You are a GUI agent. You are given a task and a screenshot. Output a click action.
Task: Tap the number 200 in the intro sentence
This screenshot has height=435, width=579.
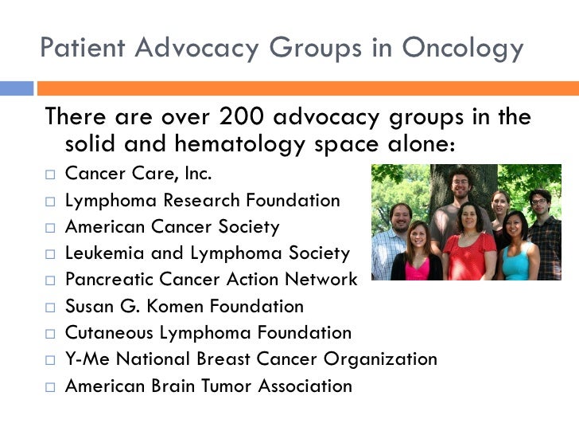[x=240, y=117]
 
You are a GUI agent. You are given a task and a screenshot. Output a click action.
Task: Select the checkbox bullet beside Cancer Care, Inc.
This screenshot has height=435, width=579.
[x=51, y=174]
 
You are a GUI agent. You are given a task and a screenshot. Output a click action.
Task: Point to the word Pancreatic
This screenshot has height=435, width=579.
[x=105, y=280]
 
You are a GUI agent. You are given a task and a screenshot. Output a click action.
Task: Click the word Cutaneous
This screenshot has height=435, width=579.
[x=106, y=332]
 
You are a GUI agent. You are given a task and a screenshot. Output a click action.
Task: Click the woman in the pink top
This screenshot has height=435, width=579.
[x=417, y=255]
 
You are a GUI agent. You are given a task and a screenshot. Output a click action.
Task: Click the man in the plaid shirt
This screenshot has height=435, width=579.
[x=545, y=239]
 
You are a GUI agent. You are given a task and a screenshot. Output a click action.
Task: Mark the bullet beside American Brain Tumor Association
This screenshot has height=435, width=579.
[x=51, y=386]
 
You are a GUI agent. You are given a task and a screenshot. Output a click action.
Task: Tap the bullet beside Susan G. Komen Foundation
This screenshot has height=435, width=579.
[x=51, y=307]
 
